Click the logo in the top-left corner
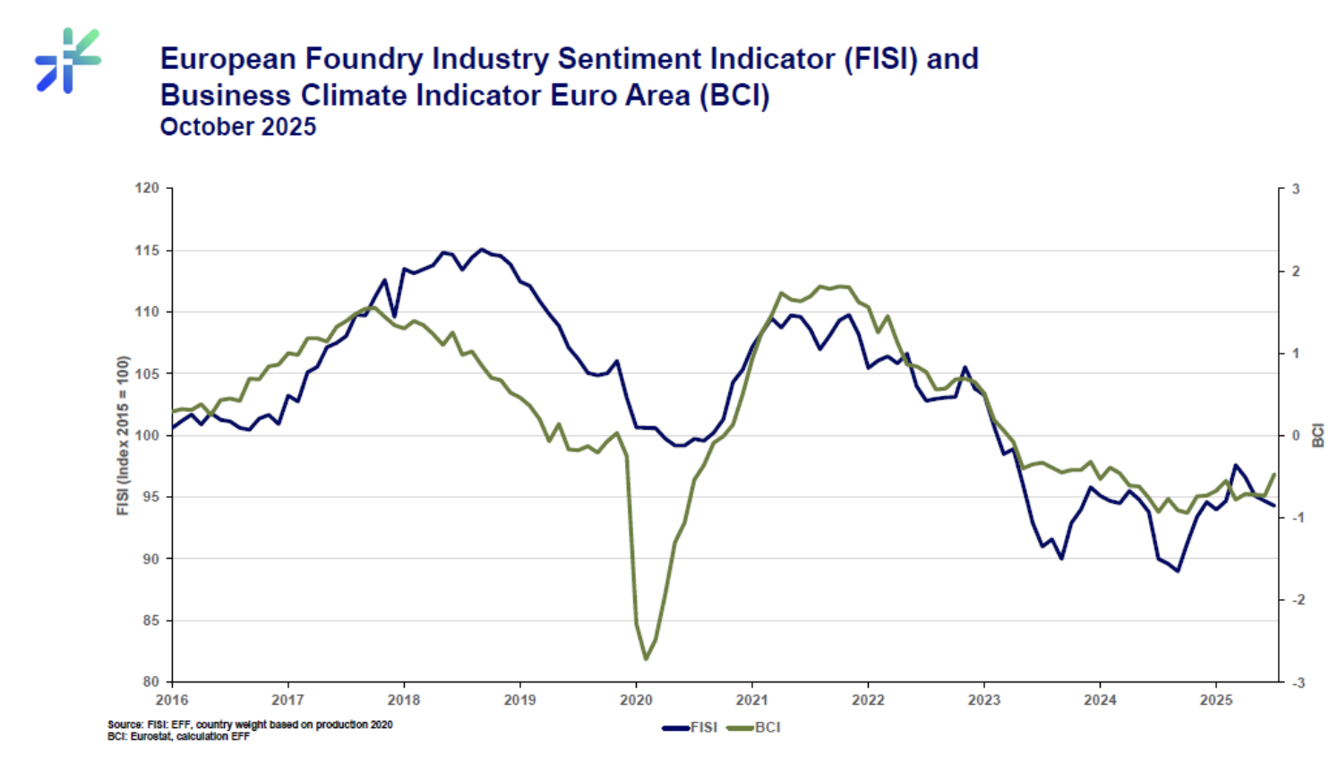(x=68, y=60)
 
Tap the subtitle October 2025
(x=237, y=127)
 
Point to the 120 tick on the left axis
(x=147, y=188)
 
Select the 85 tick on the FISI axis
(x=150, y=621)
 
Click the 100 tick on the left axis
(x=147, y=435)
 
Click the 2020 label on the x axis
(x=636, y=700)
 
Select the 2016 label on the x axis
(x=172, y=700)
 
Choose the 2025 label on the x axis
(x=1216, y=700)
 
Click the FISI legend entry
(x=690, y=727)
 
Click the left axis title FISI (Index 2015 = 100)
(x=123, y=435)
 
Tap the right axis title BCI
(x=1318, y=435)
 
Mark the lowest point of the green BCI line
(x=646, y=659)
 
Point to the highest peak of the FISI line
(x=482, y=249)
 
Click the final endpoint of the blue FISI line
(x=1274, y=506)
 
